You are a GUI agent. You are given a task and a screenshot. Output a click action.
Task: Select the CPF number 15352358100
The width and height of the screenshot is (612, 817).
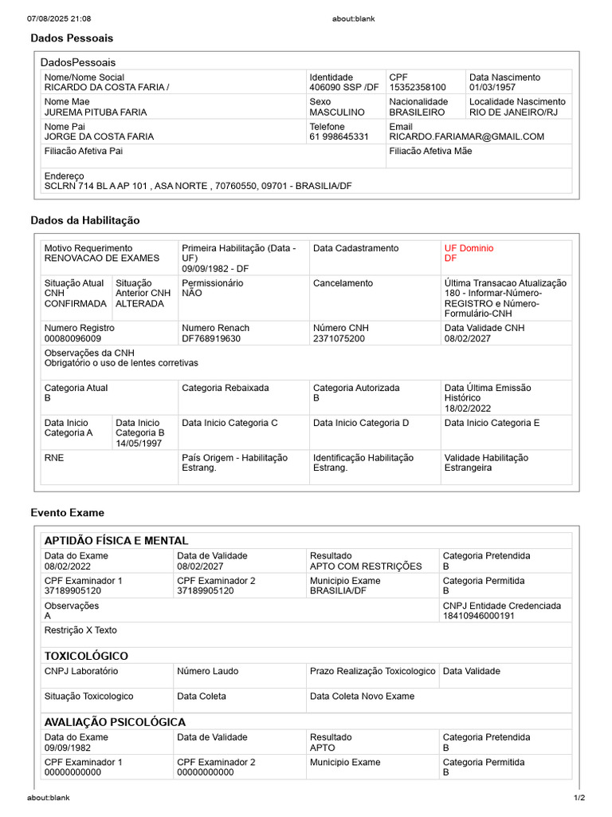click(418, 87)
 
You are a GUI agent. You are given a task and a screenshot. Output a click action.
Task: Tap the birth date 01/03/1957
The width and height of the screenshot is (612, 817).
click(493, 87)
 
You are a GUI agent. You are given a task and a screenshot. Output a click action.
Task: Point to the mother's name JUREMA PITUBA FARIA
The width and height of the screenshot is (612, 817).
click(96, 112)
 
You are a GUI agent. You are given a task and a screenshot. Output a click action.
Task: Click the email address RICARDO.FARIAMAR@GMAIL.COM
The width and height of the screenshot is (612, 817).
click(467, 136)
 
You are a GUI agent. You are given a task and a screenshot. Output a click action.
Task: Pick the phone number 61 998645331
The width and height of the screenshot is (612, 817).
click(339, 136)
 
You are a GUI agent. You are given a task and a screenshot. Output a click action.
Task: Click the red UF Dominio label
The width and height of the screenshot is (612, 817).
click(469, 248)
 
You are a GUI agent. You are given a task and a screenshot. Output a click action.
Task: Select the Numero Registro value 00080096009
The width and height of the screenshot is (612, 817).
click(73, 338)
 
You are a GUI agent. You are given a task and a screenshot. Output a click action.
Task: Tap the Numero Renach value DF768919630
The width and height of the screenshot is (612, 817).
click(211, 338)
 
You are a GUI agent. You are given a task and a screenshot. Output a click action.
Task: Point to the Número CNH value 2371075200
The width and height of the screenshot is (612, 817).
click(339, 338)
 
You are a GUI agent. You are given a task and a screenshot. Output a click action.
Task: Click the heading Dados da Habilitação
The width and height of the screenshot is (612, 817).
click(85, 220)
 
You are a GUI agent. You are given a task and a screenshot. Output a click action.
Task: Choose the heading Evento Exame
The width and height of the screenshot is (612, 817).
click(68, 512)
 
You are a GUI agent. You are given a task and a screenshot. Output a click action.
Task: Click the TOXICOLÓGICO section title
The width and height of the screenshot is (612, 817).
click(86, 656)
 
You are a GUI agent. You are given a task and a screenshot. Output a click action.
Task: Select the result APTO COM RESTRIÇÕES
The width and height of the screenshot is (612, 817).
click(366, 566)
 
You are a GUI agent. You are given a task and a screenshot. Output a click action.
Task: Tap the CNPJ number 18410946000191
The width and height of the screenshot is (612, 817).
click(479, 616)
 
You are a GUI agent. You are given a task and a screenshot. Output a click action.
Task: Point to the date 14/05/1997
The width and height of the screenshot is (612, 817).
click(140, 443)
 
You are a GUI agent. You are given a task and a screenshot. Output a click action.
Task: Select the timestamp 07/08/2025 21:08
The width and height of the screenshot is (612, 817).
click(59, 18)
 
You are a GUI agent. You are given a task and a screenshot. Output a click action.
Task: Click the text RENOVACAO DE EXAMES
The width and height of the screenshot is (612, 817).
click(102, 259)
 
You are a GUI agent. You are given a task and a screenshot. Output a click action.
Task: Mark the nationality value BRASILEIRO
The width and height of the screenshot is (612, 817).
click(417, 112)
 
